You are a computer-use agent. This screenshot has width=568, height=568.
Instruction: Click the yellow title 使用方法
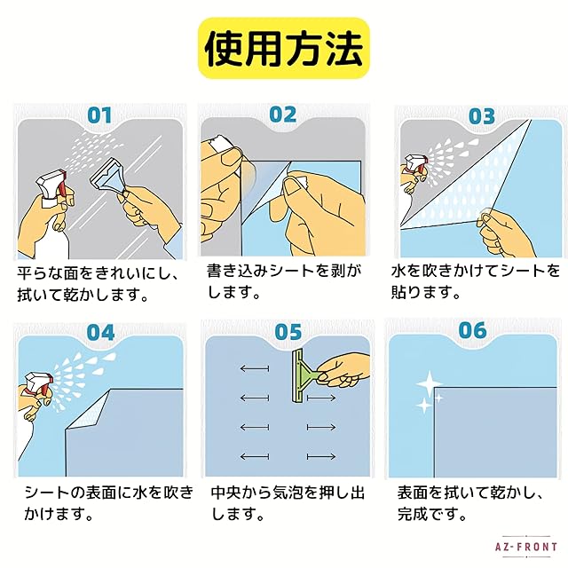pyautogui.click(x=284, y=48)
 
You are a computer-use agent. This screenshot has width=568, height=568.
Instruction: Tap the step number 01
pyautogui.click(x=100, y=115)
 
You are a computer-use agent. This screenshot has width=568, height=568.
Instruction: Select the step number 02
pyautogui.click(x=283, y=114)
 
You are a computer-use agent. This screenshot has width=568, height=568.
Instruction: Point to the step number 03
pyautogui.click(x=481, y=116)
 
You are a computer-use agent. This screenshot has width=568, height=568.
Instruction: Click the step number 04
pyautogui.click(x=100, y=332)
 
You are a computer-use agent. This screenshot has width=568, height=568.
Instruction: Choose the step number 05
pyautogui.click(x=288, y=332)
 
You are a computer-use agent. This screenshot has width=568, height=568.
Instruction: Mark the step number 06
pyautogui.click(x=472, y=330)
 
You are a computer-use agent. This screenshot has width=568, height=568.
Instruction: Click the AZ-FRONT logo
pyautogui.click(x=526, y=547)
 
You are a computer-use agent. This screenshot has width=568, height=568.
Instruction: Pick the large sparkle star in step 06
pyautogui.click(x=429, y=383)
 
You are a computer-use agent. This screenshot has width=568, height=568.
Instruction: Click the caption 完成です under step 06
pyautogui.click(x=431, y=514)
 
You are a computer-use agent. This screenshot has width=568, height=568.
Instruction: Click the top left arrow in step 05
pyautogui.click(x=255, y=369)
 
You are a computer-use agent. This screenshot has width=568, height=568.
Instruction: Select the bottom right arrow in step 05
pyautogui.click(x=321, y=457)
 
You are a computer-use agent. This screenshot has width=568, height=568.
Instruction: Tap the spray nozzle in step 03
pyautogui.click(x=415, y=162)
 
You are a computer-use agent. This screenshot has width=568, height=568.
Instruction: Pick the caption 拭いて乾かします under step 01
pyautogui.click(x=83, y=296)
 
